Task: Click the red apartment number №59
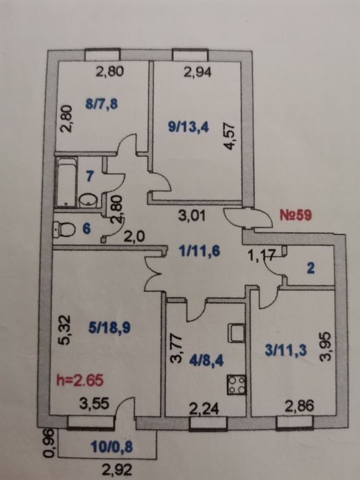[x=296, y=215]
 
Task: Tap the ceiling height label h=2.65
[x=80, y=381]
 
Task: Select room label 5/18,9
[x=109, y=328]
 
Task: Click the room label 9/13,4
[x=189, y=127]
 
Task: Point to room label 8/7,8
[x=101, y=104]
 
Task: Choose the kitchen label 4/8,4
[x=206, y=361]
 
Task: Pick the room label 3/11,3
[x=286, y=351]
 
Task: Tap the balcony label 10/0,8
[x=112, y=447]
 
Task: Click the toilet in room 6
[x=64, y=229]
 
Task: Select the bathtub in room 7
[x=66, y=182]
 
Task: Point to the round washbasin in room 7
[x=88, y=200]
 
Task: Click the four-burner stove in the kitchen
[x=237, y=385]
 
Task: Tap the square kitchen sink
[x=237, y=333]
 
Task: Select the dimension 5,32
[x=65, y=331]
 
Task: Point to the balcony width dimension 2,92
[x=117, y=470]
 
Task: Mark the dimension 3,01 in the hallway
[x=192, y=215]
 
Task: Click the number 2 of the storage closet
[x=310, y=269]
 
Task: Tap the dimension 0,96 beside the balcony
[x=49, y=443]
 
